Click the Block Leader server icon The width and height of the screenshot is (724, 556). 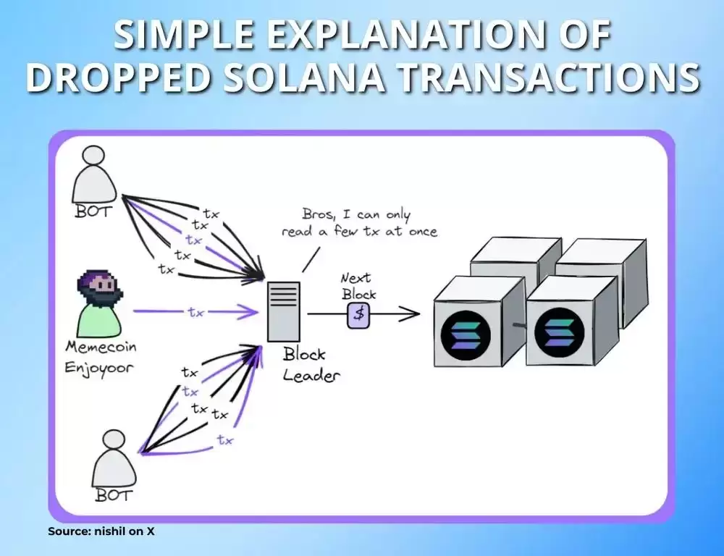[283, 311]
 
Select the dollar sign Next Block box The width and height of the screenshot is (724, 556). [358, 314]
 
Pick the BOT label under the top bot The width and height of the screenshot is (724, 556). [94, 212]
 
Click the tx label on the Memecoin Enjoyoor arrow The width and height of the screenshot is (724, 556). [195, 313]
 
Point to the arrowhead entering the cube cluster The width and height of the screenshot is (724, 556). [413, 314]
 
